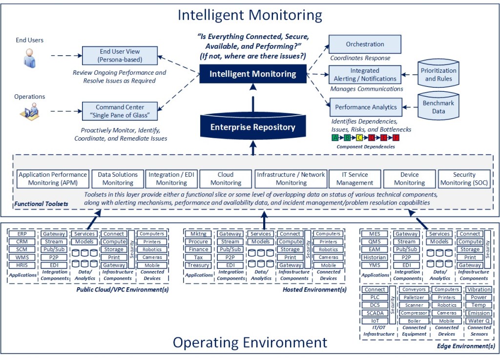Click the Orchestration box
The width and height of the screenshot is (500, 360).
pyautogui.click(x=365, y=44)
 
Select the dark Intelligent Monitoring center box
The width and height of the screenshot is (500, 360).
pyautogui.click(x=252, y=74)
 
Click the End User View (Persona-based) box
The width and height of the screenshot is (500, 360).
pyautogui.click(x=120, y=56)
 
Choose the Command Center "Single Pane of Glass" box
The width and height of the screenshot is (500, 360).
pyautogui.click(x=120, y=111)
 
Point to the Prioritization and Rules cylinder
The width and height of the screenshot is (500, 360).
pyautogui.click(x=438, y=75)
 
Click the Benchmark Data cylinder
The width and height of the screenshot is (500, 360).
pyautogui.click(x=438, y=107)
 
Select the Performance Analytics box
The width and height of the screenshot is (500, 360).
pyautogui.click(x=365, y=107)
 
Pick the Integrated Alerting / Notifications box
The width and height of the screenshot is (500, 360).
pyautogui.click(x=365, y=75)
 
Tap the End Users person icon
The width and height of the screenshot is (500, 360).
pyautogui.click(x=30, y=59)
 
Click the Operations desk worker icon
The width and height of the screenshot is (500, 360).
pyautogui.click(x=30, y=112)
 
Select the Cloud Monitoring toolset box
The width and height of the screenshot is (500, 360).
pyautogui.click(x=226, y=179)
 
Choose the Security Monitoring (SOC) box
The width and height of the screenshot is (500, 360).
pyautogui.click(x=464, y=179)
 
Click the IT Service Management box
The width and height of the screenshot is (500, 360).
pyautogui.click(x=354, y=179)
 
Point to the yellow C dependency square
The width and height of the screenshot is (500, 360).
pyautogui.click(x=359, y=138)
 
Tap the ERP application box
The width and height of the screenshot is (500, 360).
pyautogui.click(x=22, y=234)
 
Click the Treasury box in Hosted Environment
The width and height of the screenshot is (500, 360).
pyautogui.click(x=198, y=265)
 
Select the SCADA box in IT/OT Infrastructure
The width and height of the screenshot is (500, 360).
pyautogui.click(x=375, y=313)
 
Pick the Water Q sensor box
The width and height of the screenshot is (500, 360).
pyautogui.click(x=479, y=321)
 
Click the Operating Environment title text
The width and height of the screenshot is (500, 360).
pyautogui.click(x=250, y=342)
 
